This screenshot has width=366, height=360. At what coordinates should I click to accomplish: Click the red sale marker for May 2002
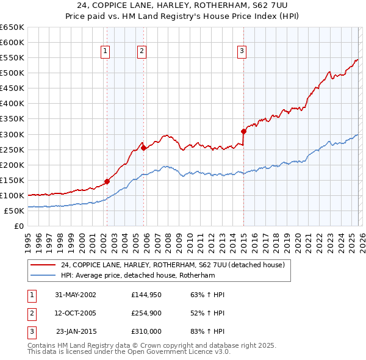pyautogui.click(x=107, y=181)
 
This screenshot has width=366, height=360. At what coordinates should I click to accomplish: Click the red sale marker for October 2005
pyautogui.click(x=143, y=147)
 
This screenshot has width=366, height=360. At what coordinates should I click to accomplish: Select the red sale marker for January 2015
pyautogui.click(x=243, y=131)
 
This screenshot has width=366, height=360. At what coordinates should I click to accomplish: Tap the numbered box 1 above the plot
pyautogui.click(x=106, y=52)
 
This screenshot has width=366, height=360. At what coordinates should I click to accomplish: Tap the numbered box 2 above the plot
pyautogui.click(x=142, y=52)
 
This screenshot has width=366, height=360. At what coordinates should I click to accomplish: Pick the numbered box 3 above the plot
pyautogui.click(x=242, y=52)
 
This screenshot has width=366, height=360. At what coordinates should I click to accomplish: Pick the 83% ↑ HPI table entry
pyautogui.click(x=207, y=331)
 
